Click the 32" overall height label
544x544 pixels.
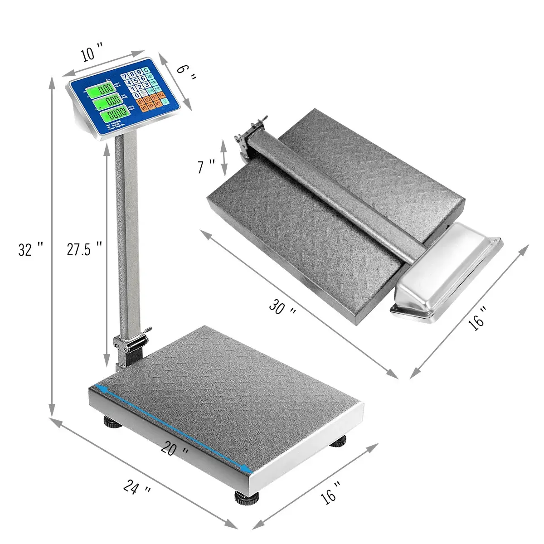click(x=30, y=249)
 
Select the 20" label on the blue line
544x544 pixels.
click(x=175, y=450)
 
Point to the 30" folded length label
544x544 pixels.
click(x=283, y=308)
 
